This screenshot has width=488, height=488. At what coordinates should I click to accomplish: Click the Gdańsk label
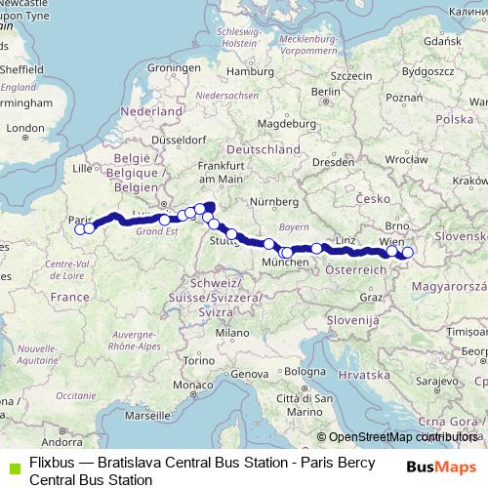point(442,42)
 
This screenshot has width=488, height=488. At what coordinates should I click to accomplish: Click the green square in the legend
point(12,467)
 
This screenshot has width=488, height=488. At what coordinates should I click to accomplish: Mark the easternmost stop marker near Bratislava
point(408,253)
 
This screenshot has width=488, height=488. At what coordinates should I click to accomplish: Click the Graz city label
point(371,297)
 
